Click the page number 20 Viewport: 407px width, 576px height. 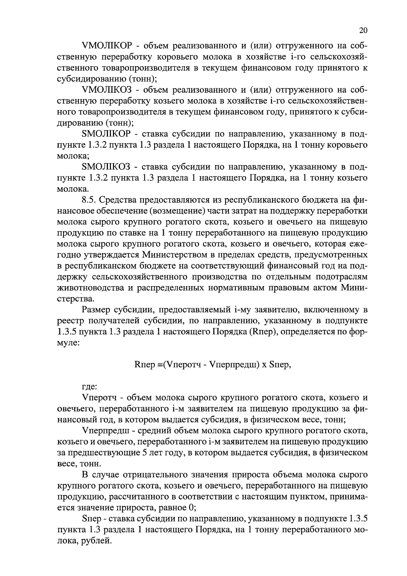363,30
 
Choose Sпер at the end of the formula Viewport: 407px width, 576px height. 279,365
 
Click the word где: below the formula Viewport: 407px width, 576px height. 90,387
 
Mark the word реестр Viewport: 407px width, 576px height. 70,321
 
